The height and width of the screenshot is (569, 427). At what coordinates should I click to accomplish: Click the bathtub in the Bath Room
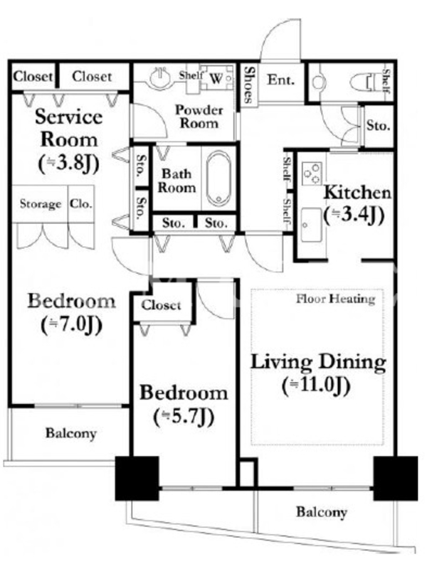tap(218, 179)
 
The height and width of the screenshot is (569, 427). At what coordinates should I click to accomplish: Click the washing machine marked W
tap(217, 78)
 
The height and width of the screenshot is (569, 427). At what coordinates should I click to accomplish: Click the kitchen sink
tap(311, 225)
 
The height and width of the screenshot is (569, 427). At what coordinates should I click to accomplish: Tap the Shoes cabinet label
tap(248, 84)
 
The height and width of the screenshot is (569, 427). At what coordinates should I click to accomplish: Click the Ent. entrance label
tap(280, 80)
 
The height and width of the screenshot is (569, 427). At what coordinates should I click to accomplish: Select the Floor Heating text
tap(335, 299)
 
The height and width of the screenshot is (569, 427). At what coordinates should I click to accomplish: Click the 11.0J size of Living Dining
tap(316, 386)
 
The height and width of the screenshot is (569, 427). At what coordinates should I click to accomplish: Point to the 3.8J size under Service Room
tap(68, 164)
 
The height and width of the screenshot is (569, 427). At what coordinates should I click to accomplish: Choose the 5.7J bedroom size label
tap(184, 417)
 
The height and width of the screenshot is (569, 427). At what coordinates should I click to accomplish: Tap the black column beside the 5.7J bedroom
tap(137, 478)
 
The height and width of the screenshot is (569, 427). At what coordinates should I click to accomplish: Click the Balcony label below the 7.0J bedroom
tap(71, 433)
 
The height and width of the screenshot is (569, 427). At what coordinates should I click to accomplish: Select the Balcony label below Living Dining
tap(322, 512)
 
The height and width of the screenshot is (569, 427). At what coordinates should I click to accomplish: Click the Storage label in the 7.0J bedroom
tap(41, 204)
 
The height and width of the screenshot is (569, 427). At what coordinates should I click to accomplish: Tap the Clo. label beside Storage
tap(81, 203)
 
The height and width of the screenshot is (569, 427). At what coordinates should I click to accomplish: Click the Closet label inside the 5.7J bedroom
tap(162, 305)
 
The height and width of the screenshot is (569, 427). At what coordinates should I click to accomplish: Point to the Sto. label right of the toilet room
tap(379, 126)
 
